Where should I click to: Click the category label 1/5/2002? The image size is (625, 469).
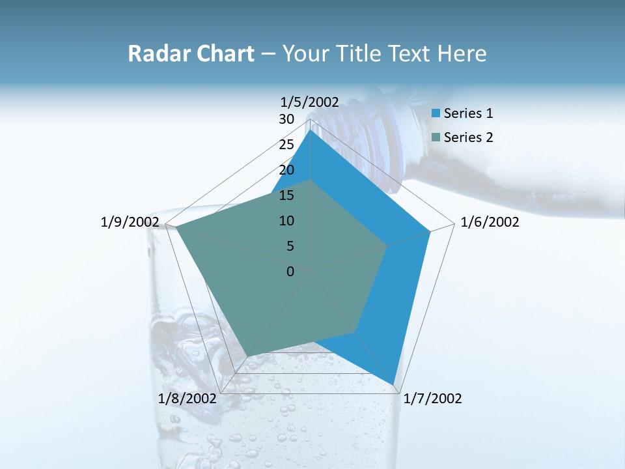point(310,102)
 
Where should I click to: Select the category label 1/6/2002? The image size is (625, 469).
point(490,222)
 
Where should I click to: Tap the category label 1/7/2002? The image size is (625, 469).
point(433,398)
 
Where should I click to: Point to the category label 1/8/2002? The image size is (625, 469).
point(187,398)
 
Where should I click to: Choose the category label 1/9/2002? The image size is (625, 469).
point(130,222)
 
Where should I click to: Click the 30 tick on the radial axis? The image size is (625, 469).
point(286,119)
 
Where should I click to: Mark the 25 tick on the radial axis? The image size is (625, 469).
point(286,145)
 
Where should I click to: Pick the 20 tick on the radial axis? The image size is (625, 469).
point(286,170)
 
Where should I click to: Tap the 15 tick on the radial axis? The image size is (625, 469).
point(286,195)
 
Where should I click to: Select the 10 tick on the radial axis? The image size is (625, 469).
point(286,221)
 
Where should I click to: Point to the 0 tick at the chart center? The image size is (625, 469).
point(290,272)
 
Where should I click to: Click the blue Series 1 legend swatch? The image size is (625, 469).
point(436,113)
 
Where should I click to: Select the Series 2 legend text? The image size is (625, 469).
point(468,137)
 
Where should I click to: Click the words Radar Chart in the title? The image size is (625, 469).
point(190,53)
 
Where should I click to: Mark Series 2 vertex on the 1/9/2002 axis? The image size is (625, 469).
point(176,227)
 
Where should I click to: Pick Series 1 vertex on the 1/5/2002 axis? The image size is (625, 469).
point(311,130)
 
